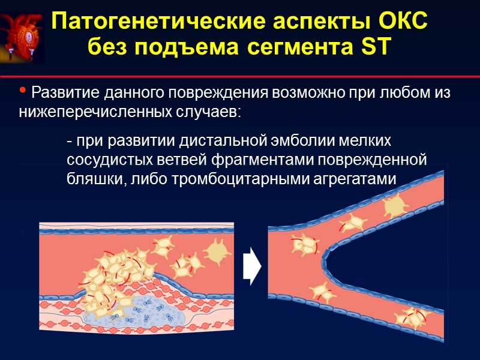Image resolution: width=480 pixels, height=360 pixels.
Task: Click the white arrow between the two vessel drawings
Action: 251,268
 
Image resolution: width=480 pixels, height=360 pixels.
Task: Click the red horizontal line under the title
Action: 240,77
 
